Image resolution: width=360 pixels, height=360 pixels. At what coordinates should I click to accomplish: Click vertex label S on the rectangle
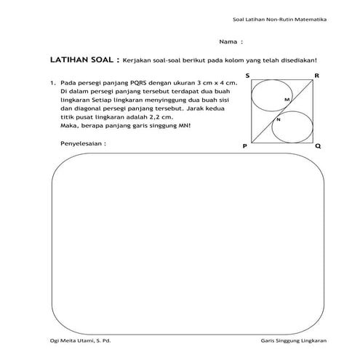click(248, 76)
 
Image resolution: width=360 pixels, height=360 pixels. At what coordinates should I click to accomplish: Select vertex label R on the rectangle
click(317, 76)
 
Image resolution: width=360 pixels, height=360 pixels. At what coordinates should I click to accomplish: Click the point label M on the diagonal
click(287, 99)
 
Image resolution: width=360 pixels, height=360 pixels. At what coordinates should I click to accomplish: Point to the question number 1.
click(53, 84)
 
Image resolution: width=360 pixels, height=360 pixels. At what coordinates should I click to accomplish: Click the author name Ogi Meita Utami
click(73, 341)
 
